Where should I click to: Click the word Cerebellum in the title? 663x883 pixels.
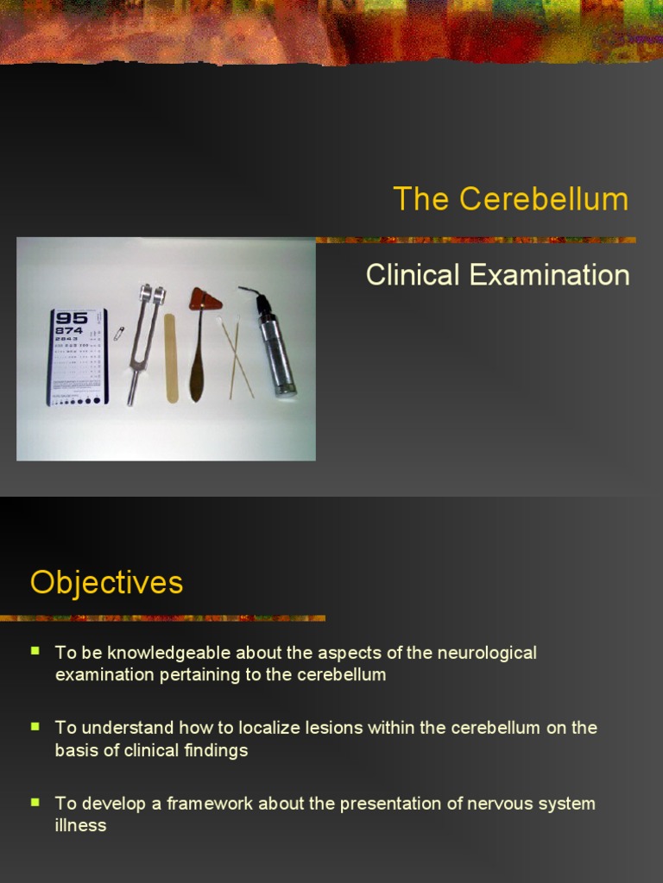pyautogui.click(x=544, y=199)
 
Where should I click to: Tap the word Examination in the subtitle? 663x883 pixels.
pyautogui.click(x=549, y=275)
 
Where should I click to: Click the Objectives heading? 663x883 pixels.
pyautogui.click(x=106, y=582)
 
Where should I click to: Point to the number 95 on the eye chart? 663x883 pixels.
pyautogui.click(x=73, y=316)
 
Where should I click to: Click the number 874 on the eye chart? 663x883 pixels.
pyautogui.click(x=69, y=330)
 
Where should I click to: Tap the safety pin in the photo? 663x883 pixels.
pyautogui.click(x=119, y=332)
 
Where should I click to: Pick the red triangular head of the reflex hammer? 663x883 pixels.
pyautogui.click(x=205, y=299)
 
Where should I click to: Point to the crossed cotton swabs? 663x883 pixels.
pyautogui.click(x=238, y=358)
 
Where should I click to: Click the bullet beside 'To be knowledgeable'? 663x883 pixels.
pyautogui.click(x=35, y=650)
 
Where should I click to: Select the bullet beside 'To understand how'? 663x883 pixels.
pyautogui.click(x=35, y=725)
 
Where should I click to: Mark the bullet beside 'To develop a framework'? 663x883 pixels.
pyautogui.click(x=35, y=801)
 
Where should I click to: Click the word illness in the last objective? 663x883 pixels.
pyautogui.click(x=80, y=825)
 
